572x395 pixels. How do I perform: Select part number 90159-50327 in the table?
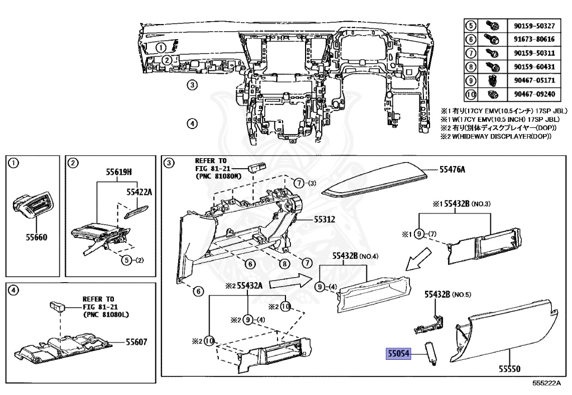pos(534,26)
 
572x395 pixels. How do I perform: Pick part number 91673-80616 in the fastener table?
pos(534,40)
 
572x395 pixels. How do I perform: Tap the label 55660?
pos(36,237)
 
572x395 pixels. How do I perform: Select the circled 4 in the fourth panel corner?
pos(15,291)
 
